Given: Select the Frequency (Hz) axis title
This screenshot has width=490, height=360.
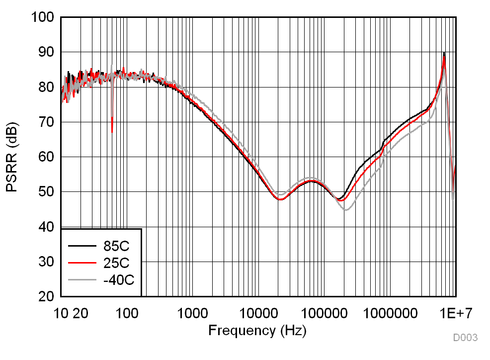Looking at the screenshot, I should coord(257,330).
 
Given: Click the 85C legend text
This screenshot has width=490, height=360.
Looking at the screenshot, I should coord(116,246).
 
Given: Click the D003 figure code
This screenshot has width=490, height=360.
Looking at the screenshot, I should coord(465,338).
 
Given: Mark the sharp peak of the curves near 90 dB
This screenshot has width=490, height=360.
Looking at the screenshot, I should coord(444,53).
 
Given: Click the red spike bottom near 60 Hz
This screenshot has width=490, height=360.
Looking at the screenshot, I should coord(112,132).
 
